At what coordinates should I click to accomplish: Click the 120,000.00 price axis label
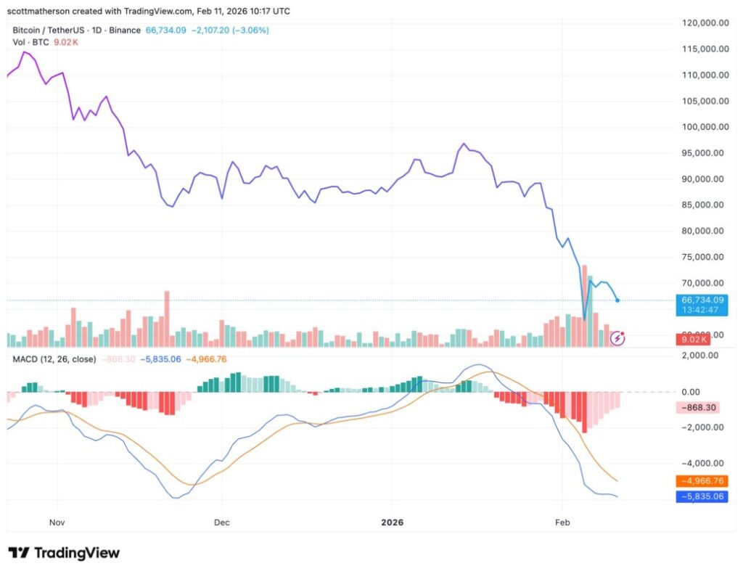point(705,23)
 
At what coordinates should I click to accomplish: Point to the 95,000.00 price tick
point(705,153)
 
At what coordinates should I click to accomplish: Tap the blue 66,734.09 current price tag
point(699,299)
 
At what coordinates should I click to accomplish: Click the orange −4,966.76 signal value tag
point(699,481)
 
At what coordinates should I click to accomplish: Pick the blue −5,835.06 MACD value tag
point(699,496)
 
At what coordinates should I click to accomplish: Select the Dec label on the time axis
point(222,522)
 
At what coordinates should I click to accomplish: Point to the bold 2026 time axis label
point(393,522)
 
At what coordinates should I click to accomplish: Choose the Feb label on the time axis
point(562,522)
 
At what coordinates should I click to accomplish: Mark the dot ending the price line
point(617,300)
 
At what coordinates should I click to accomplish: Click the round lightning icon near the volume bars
point(617,337)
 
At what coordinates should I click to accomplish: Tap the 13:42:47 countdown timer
point(699,310)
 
